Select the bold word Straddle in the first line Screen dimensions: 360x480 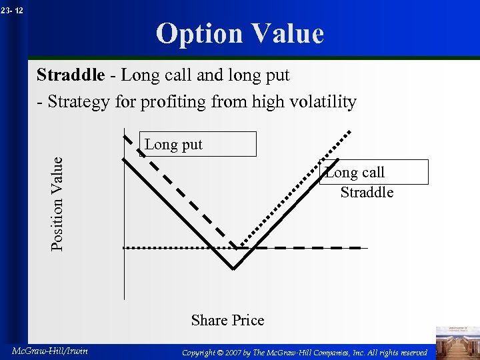point(70,75)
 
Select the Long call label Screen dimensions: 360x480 point(355,172)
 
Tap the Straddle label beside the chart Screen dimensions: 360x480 point(367,193)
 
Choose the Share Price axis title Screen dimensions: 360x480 point(227,320)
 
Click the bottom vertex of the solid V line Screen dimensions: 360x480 point(233,269)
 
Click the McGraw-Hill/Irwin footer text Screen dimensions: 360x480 point(50,351)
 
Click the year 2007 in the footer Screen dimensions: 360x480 point(236,351)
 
